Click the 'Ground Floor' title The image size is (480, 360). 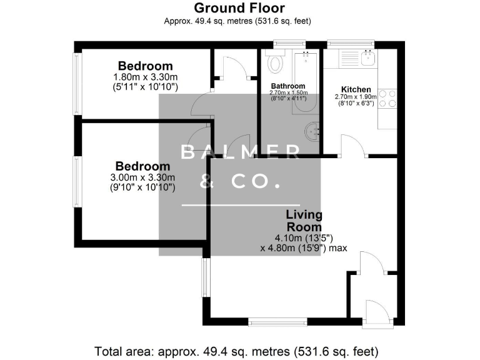(x=239, y=8)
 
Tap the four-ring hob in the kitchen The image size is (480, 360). (x=387, y=99)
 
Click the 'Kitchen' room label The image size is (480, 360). (x=356, y=89)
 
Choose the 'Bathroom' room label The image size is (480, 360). (x=287, y=86)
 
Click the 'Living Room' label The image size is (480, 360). (x=304, y=221)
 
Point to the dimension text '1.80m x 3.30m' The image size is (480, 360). (x=146, y=77)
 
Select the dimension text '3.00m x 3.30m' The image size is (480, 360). (x=142, y=177)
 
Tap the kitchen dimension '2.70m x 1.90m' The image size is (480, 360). (x=356, y=97)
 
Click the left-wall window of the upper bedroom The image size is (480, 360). (x=77, y=84)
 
